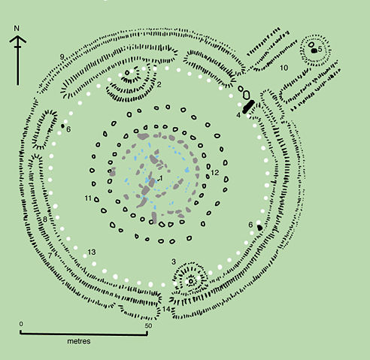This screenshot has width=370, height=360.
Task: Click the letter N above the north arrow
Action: click(x=17, y=29)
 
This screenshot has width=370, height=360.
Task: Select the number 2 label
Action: click(x=159, y=84)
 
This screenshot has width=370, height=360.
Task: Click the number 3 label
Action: click(x=174, y=262)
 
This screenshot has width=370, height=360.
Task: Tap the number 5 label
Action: click(x=320, y=49)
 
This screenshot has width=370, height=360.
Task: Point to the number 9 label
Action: click(x=61, y=57)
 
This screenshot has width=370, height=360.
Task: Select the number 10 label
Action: click(x=284, y=68)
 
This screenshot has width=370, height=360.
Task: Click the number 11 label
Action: click(x=88, y=198)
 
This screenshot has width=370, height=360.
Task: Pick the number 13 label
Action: click(x=92, y=251)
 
